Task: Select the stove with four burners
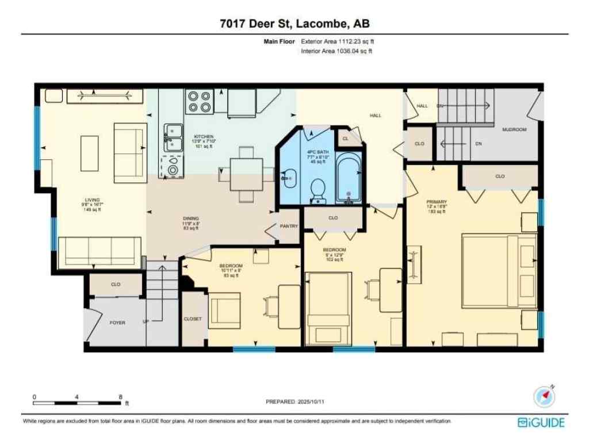point(199,102)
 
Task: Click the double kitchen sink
point(173,137)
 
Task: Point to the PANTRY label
point(289,226)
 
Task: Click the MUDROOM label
point(514,130)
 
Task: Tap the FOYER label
point(117,323)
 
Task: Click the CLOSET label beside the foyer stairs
point(193,319)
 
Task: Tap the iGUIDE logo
point(541,422)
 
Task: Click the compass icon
point(544,397)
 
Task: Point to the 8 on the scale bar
point(120,397)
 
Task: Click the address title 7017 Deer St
point(294,24)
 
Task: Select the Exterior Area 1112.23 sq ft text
point(341,41)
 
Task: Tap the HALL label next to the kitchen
point(376,116)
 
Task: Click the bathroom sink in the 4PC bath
point(289,179)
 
